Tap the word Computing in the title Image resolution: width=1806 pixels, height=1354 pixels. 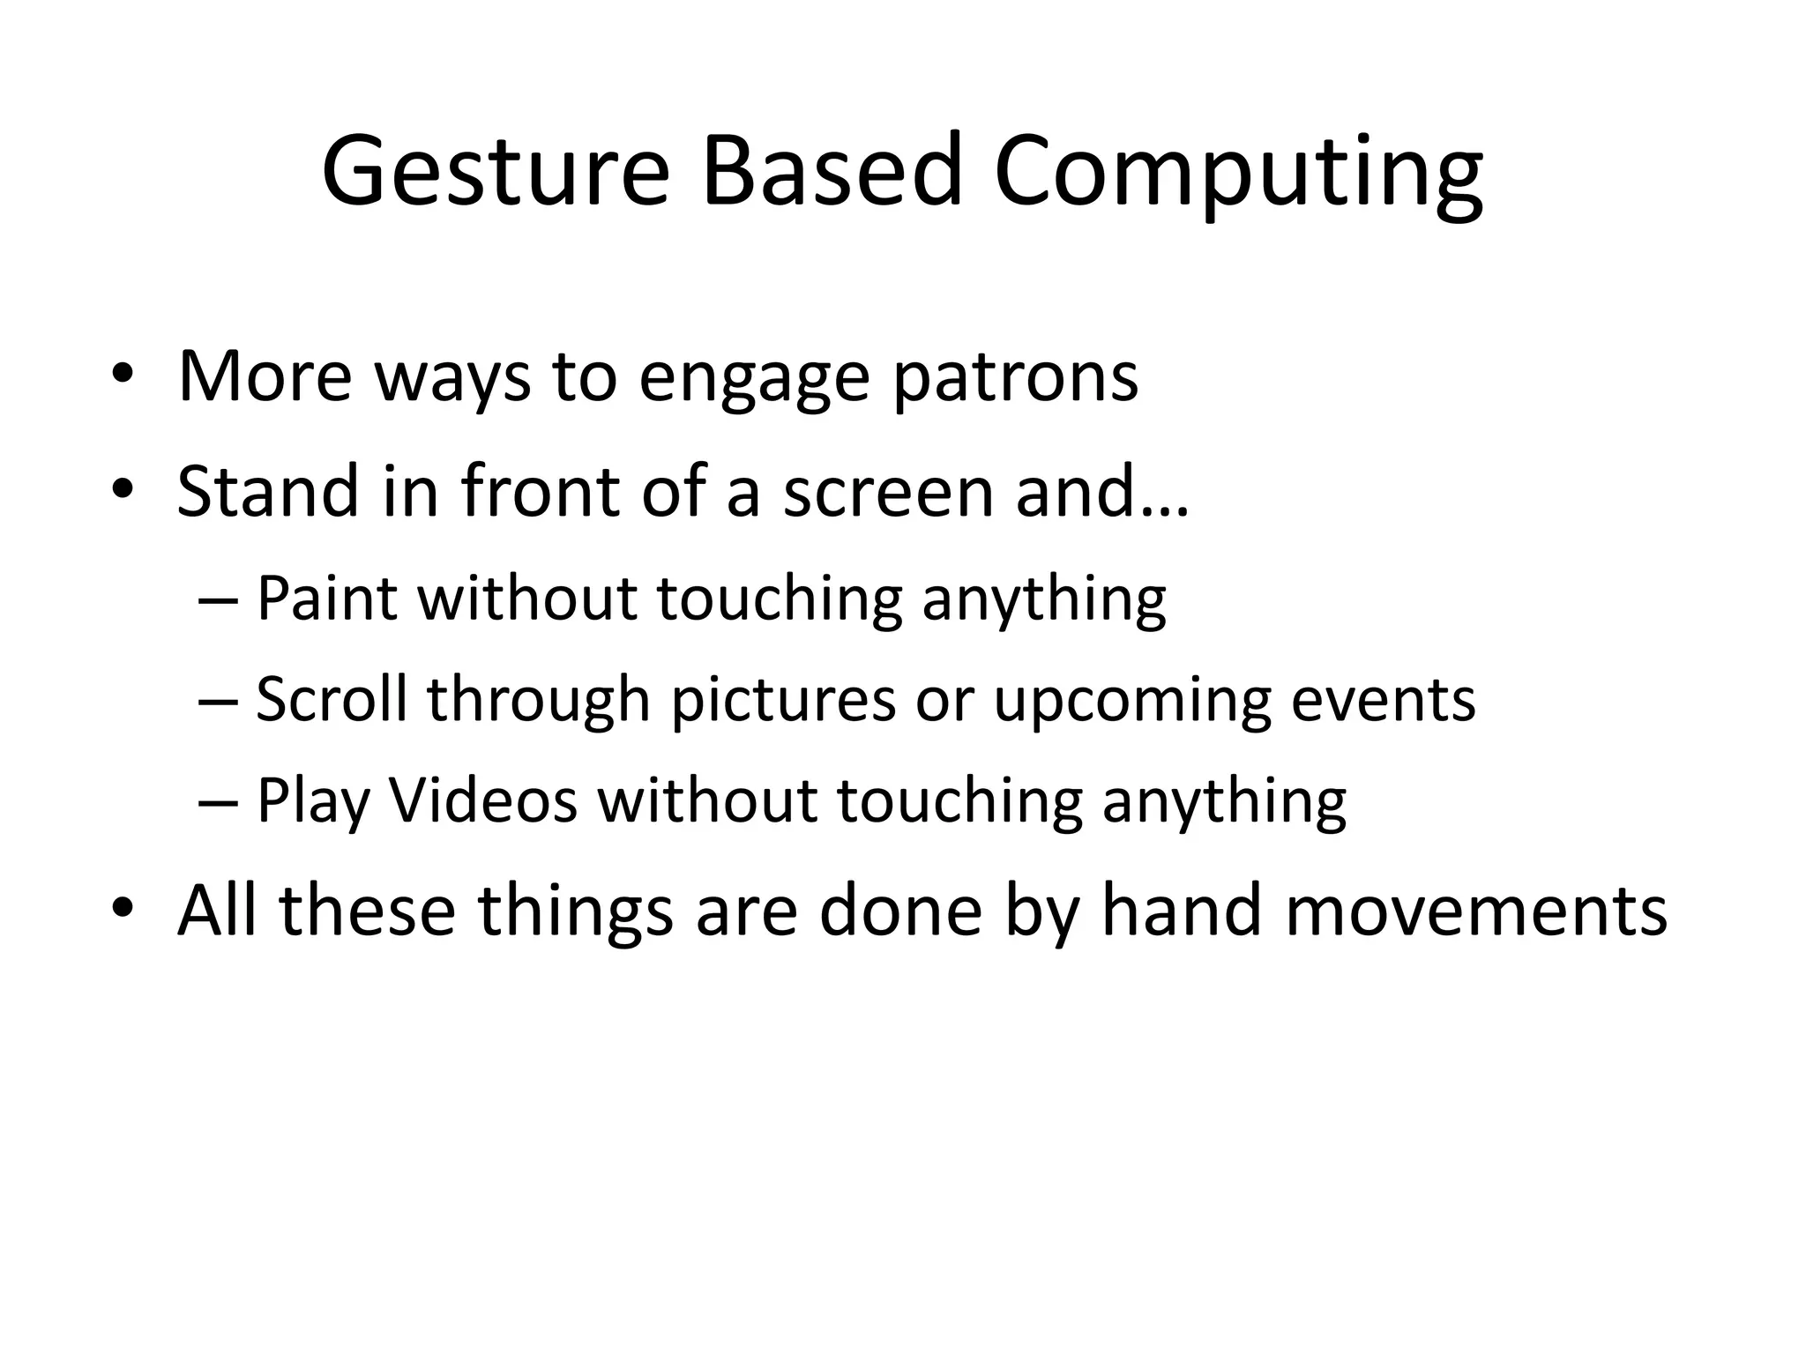(x=1238, y=172)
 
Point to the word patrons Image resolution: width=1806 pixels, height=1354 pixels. (x=1015, y=379)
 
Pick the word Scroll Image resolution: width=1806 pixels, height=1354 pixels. (x=331, y=699)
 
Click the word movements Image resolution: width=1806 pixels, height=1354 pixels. (x=1476, y=911)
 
